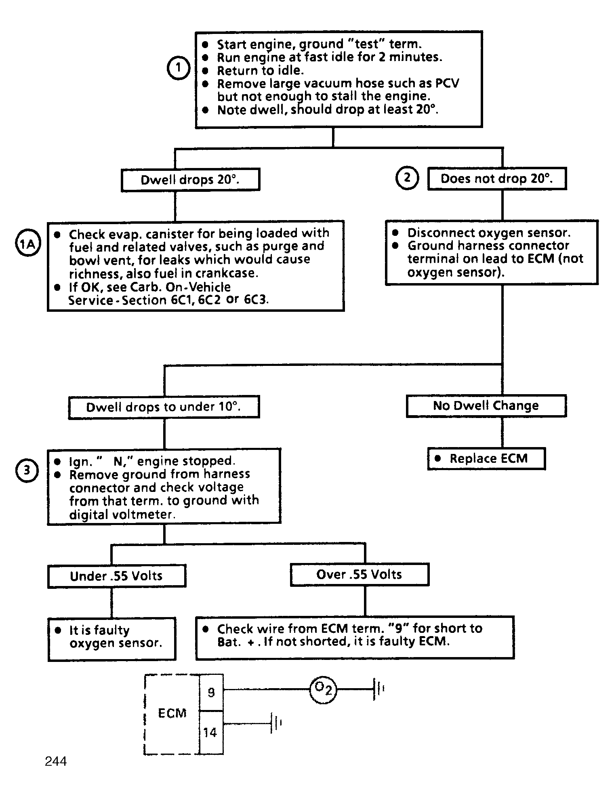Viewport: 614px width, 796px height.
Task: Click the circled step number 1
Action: pos(179,68)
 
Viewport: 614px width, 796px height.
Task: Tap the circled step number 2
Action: pos(407,178)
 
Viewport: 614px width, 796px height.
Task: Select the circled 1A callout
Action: pos(28,244)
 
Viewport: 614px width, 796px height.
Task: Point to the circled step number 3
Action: pos(27,470)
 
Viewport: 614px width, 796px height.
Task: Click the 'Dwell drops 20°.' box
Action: pos(190,180)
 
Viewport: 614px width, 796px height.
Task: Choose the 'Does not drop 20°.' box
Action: pos(497,179)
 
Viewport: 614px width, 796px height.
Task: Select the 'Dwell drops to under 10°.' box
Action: pos(164,407)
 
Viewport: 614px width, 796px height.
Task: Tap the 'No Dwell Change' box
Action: pos(486,405)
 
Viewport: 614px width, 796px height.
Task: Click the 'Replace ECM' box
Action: pos(486,459)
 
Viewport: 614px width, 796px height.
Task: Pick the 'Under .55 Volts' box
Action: pos(117,575)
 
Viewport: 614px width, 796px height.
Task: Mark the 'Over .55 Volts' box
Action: pos(360,574)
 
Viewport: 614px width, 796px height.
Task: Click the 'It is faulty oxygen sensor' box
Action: pos(112,639)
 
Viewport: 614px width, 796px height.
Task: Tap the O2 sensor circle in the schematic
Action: pos(323,690)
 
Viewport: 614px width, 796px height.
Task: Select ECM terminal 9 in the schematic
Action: pos(211,693)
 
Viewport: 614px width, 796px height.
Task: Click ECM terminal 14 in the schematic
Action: pos(211,732)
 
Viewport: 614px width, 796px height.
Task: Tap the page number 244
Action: pos(56,761)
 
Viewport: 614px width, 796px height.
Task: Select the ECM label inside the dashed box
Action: pos(172,713)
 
